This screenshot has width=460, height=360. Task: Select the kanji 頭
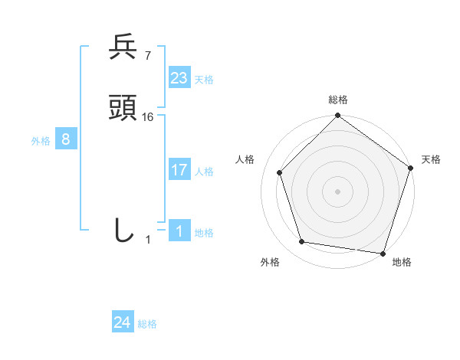point(123,109)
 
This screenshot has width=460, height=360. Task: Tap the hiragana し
point(123,229)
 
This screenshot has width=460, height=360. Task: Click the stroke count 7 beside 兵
point(147,56)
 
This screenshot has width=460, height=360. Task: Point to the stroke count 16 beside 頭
point(148,117)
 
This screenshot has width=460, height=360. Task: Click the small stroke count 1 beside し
point(148,240)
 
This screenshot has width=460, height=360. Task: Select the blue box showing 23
point(179,77)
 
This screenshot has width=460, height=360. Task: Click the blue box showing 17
point(179,170)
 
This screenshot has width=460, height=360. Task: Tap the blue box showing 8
point(66,139)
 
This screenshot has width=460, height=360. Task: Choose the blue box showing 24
point(123,322)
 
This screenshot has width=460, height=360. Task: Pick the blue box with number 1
point(179,231)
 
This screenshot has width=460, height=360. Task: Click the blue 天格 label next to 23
point(204,80)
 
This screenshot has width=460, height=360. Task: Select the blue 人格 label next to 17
point(204,172)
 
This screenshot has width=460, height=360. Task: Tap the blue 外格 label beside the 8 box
point(41,141)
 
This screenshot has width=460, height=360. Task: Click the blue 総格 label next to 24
point(147,324)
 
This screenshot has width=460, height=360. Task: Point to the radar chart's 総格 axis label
point(338,100)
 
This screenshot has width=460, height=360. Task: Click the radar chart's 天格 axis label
point(431,159)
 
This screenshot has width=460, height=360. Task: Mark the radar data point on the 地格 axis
point(383,253)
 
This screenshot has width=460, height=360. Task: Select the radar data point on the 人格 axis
point(279,172)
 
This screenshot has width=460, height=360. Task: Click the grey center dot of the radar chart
point(338,191)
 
